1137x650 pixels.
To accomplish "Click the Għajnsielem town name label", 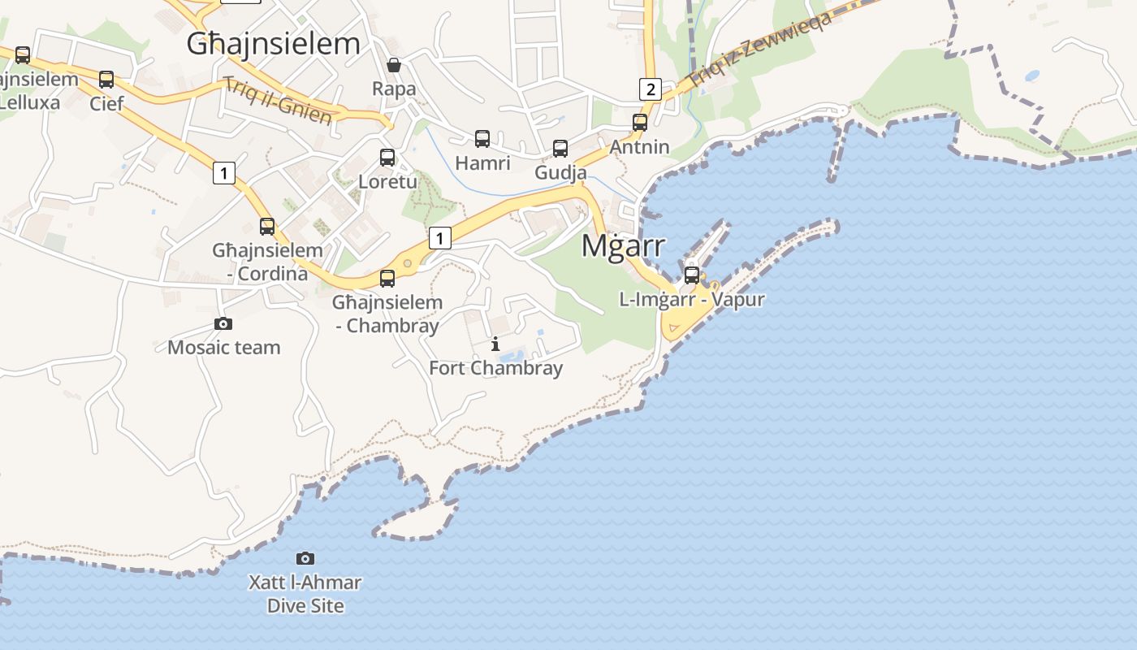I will (273, 44).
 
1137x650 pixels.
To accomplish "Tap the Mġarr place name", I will (623, 245).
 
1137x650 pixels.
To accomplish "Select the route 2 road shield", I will (650, 89).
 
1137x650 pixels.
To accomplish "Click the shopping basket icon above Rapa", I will (394, 65).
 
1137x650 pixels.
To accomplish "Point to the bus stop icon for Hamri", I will (482, 139).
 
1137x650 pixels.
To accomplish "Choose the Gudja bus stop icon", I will (560, 149).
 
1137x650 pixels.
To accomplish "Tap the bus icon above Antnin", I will (640, 123).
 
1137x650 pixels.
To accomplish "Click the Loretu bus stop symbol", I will (387, 158).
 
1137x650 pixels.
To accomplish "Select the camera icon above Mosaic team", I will (223, 323).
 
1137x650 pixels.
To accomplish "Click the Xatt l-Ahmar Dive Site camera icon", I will (305, 558).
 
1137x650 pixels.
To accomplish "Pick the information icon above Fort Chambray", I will (495, 344).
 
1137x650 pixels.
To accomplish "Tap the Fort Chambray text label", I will (495, 368).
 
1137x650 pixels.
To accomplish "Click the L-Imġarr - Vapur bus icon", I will (692, 275).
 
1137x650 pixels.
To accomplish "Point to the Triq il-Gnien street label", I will (278, 101).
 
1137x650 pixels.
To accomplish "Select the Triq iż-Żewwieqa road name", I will (759, 49).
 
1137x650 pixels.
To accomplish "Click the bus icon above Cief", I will (106, 80).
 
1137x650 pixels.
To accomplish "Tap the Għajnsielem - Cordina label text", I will (268, 262).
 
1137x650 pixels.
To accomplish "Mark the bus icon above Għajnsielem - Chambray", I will (387, 279).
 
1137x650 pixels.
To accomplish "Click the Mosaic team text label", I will (223, 348).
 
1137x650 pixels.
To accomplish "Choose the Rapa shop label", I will (394, 89).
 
